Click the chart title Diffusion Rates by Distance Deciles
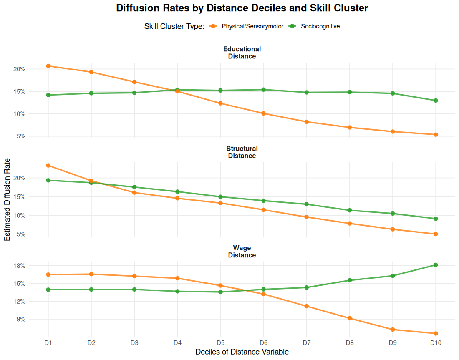tap(242, 8)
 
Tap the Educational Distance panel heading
tap(242, 53)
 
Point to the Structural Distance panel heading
tap(242, 152)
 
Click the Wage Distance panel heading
tap(242, 251)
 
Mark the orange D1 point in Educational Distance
tap(48, 66)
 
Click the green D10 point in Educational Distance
tap(436, 101)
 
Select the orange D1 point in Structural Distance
tap(48, 166)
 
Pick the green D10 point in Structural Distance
tap(436, 219)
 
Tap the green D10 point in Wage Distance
tap(436, 265)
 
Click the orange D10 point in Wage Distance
tap(436, 333)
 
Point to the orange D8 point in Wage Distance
tap(350, 318)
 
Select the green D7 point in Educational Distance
tap(307, 92)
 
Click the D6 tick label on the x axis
tap(263, 343)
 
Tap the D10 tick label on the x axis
tap(436, 343)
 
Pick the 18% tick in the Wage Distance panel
tap(20, 266)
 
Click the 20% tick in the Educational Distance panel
tap(20, 69)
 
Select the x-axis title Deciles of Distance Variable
tap(242, 352)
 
